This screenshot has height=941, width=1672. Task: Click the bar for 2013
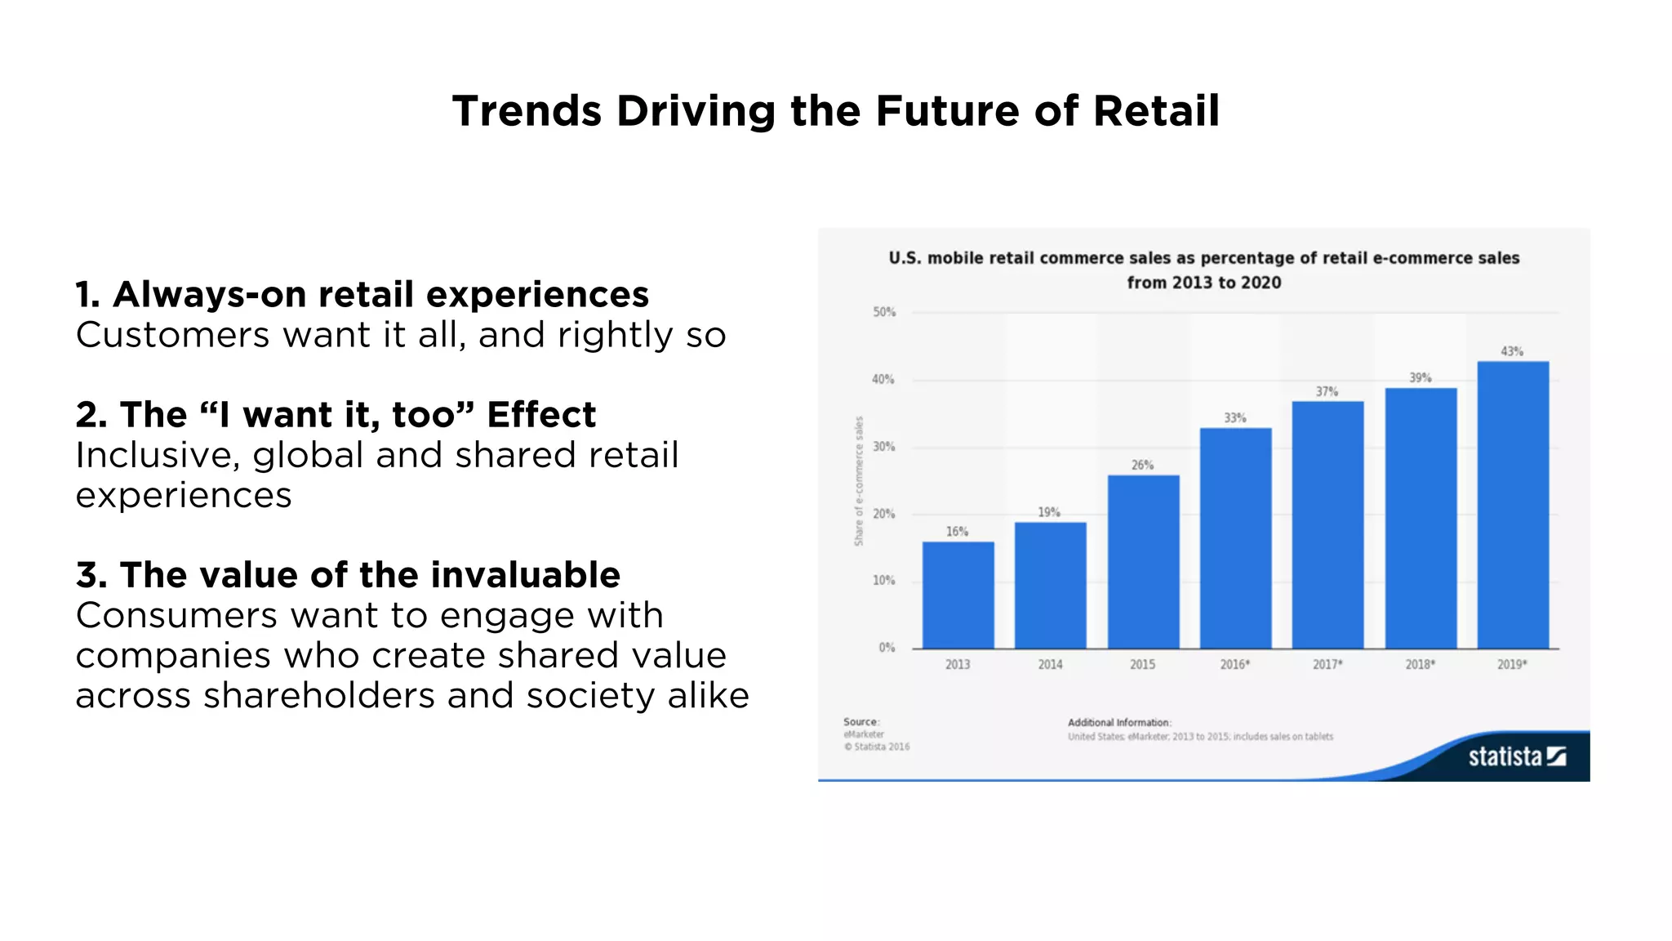[x=958, y=595]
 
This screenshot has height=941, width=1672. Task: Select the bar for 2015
[x=1143, y=562]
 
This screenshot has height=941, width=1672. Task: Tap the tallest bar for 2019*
[x=1512, y=505]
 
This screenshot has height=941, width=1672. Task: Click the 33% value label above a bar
[x=1234, y=418]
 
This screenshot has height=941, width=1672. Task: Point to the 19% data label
[x=1049, y=512]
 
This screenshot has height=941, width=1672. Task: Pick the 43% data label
[x=1511, y=351]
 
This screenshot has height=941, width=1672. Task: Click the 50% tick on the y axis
[x=884, y=312]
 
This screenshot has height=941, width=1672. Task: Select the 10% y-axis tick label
[x=884, y=581]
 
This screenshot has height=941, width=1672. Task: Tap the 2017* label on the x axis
[x=1327, y=665]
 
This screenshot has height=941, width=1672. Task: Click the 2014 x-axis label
[x=1050, y=665]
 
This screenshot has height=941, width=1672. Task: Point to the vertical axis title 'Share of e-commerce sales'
[x=859, y=481]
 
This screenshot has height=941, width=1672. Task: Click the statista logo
[x=1516, y=756]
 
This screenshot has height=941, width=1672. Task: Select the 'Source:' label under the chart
[x=861, y=722]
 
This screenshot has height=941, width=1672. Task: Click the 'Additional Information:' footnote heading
[x=1119, y=723]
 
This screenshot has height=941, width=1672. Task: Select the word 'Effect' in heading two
[x=541, y=415]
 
